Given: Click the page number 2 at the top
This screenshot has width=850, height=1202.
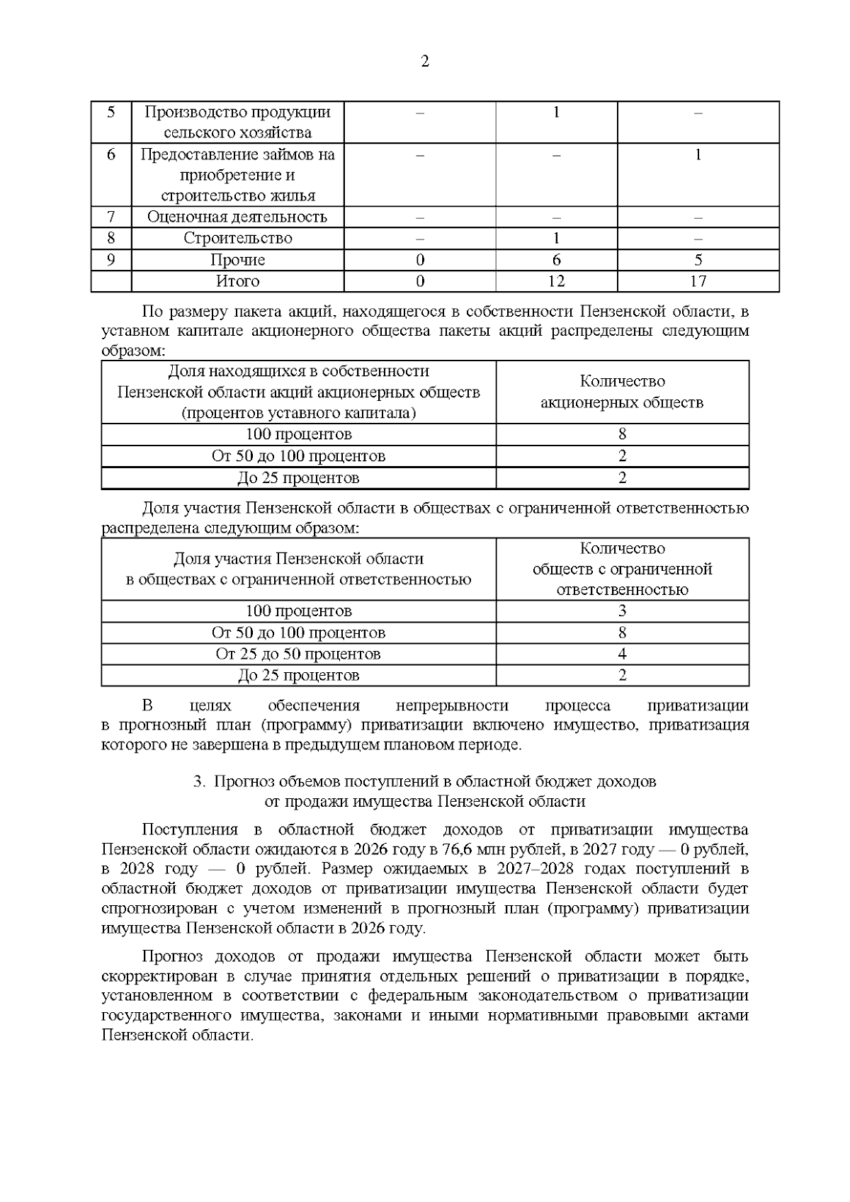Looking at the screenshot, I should click(425, 62).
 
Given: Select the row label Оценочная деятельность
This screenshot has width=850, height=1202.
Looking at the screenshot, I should click(237, 217).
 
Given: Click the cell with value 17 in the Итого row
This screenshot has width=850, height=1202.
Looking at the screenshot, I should click(698, 281).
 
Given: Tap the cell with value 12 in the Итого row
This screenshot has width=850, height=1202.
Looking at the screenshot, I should click(556, 281).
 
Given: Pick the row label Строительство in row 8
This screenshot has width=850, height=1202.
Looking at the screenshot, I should click(237, 238).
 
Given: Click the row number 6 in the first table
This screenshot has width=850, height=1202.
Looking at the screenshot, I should click(111, 154).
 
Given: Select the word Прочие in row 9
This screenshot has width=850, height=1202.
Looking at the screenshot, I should click(237, 260).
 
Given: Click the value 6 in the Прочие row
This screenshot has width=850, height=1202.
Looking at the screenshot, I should click(556, 260).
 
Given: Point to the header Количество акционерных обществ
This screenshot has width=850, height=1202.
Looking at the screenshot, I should click(622, 392).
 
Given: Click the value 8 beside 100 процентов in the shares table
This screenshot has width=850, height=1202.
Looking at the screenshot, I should click(622, 434).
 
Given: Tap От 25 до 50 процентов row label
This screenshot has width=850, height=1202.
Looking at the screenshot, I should click(298, 654).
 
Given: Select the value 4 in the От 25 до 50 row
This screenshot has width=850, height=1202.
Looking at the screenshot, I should click(622, 654).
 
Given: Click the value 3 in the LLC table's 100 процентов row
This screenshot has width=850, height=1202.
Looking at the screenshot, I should click(622, 611).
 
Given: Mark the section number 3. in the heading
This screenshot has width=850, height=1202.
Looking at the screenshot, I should click(199, 782).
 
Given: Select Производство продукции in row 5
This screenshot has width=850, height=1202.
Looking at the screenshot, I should click(237, 112).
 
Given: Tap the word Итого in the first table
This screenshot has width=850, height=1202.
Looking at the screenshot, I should click(237, 281).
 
